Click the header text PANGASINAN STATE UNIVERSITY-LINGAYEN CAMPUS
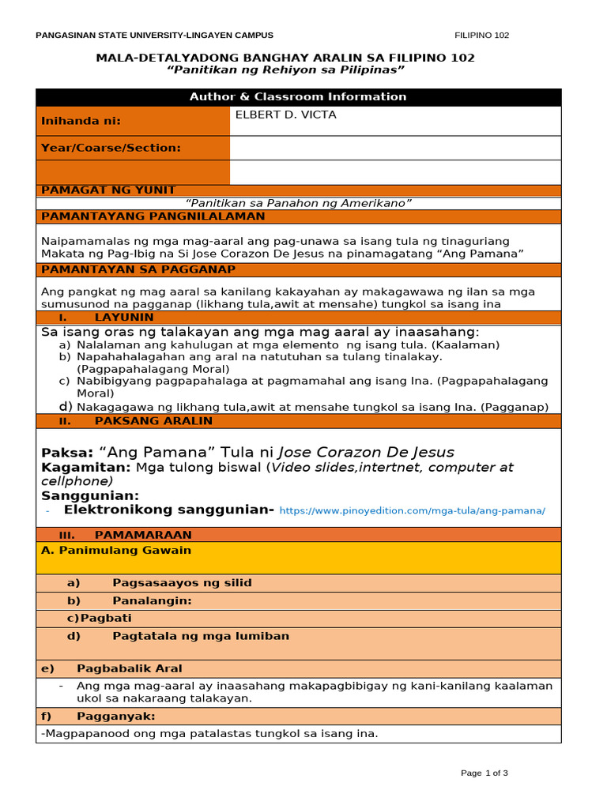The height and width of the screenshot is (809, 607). click(155, 36)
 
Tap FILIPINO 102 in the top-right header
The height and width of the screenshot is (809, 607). click(482, 36)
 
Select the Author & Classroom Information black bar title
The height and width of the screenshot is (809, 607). click(298, 97)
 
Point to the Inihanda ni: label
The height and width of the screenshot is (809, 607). click(81, 122)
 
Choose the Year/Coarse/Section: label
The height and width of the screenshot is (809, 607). click(111, 148)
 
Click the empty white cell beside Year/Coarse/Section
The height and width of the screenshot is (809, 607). click(395, 148)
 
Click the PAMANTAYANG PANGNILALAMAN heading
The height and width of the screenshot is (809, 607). click(153, 216)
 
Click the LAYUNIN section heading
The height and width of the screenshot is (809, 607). click(124, 317)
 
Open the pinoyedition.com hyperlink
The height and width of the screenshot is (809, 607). click(413, 511)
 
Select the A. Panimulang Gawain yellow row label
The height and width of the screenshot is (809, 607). click(116, 550)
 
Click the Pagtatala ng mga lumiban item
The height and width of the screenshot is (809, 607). click(201, 636)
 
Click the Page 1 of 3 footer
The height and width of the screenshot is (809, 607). click(484, 773)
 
